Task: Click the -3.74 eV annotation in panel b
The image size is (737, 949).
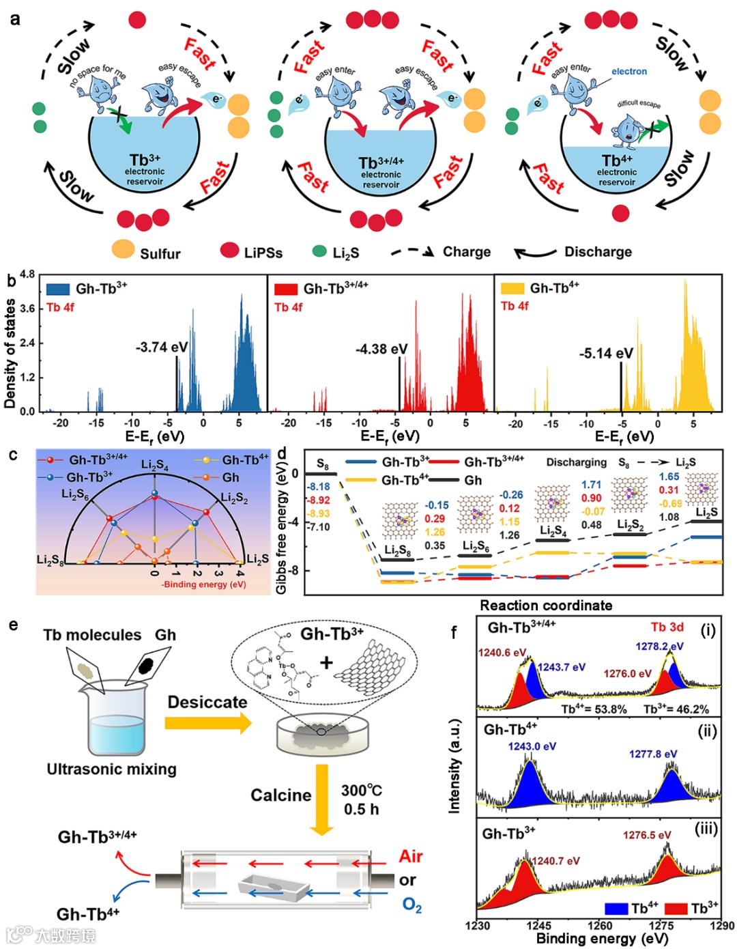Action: (161, 348)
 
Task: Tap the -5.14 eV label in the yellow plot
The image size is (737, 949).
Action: (606, 354)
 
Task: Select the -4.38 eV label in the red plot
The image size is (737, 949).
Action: (381, 350)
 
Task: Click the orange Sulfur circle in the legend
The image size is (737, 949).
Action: (123, 249)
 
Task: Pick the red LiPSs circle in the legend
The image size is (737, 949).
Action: (229, 250)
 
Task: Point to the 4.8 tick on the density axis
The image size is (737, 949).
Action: (27, 274)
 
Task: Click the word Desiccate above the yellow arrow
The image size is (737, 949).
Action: (207, 703)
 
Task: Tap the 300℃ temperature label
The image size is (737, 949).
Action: (361, 791)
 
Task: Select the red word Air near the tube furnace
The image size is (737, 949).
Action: (411, 856)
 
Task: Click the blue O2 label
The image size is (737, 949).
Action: (411, 905)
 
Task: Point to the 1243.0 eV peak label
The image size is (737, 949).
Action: (532, 746)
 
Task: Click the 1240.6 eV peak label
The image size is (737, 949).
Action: (502, 653)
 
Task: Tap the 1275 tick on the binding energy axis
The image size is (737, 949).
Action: (661, 926)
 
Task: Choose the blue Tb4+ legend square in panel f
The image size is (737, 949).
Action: (616, 908)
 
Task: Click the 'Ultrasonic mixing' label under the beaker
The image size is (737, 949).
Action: (111, 769)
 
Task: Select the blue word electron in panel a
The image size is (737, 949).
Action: (628, 71)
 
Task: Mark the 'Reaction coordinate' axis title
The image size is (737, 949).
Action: (546, 606)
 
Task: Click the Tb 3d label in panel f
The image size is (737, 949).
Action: (667, 627)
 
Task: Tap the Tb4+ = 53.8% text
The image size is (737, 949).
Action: (594, 709)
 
